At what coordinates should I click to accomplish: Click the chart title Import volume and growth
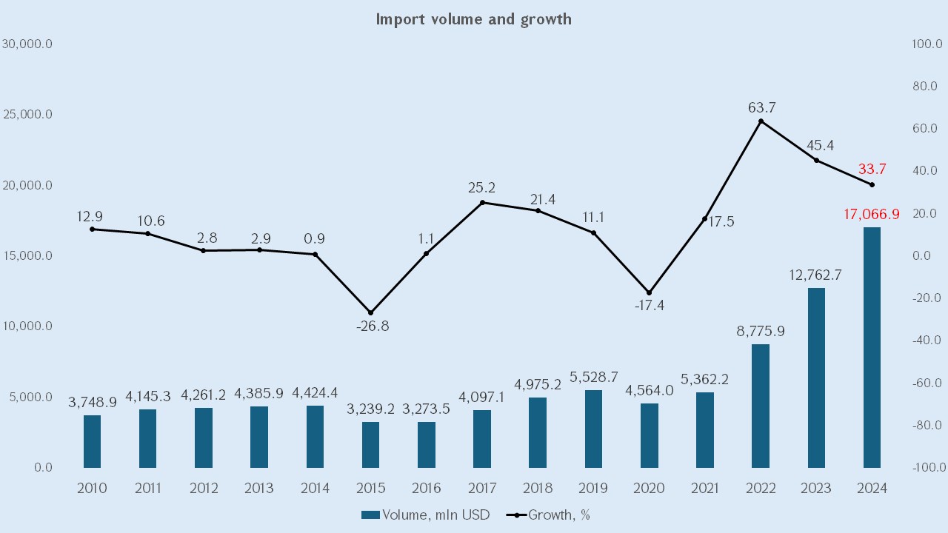point(474,19)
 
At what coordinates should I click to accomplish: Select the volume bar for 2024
point(872,347)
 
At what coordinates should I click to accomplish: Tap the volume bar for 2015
point(371,445)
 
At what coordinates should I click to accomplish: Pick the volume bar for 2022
point(761,406)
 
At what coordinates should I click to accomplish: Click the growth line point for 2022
point(761,121)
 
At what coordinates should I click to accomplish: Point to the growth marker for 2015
point(371,312)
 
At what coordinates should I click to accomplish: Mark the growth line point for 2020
point(650,292)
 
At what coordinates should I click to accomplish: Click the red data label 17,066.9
point(871,215)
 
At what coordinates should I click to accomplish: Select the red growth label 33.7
point(872,169)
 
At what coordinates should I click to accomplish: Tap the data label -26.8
point(371,326)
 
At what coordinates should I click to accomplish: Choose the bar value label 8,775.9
point(761,331)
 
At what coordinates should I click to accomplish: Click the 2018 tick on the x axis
point(538,488)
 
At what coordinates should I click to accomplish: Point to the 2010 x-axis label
point(92,488)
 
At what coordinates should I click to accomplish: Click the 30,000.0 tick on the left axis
point(27,44)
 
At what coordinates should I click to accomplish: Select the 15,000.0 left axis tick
point(27,255)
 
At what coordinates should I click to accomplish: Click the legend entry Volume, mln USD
point(426,514)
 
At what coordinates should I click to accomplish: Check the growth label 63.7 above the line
point(762,108)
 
